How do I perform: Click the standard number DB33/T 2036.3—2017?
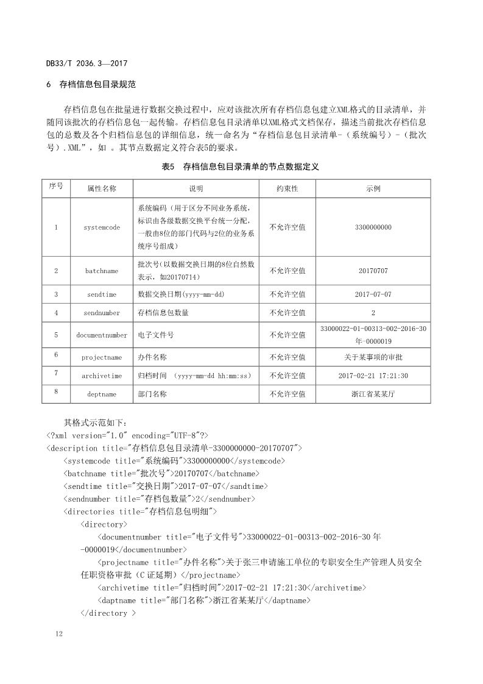(86, 63)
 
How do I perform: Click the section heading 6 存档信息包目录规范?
(91, 84)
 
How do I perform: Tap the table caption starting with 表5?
(241, 166)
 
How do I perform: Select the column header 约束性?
(287, 189)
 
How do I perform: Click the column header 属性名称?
(102, 189)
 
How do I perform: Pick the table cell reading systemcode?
(102, 227)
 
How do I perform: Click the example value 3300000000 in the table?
(373, 227)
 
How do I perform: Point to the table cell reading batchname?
(102, 271)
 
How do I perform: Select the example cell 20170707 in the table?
(373, 271)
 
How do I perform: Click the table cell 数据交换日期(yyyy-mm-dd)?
(182, 294)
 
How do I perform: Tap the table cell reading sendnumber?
(102, 313)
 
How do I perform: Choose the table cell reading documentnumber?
(102, 335)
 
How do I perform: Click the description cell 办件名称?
(152, 357)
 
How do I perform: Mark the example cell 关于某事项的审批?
(373, 357)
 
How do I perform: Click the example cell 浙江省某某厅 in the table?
(373, 394)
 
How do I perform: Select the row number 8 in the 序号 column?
(56, 391)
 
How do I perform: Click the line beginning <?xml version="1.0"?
(127, 435)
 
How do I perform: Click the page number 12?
(58, 635)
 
